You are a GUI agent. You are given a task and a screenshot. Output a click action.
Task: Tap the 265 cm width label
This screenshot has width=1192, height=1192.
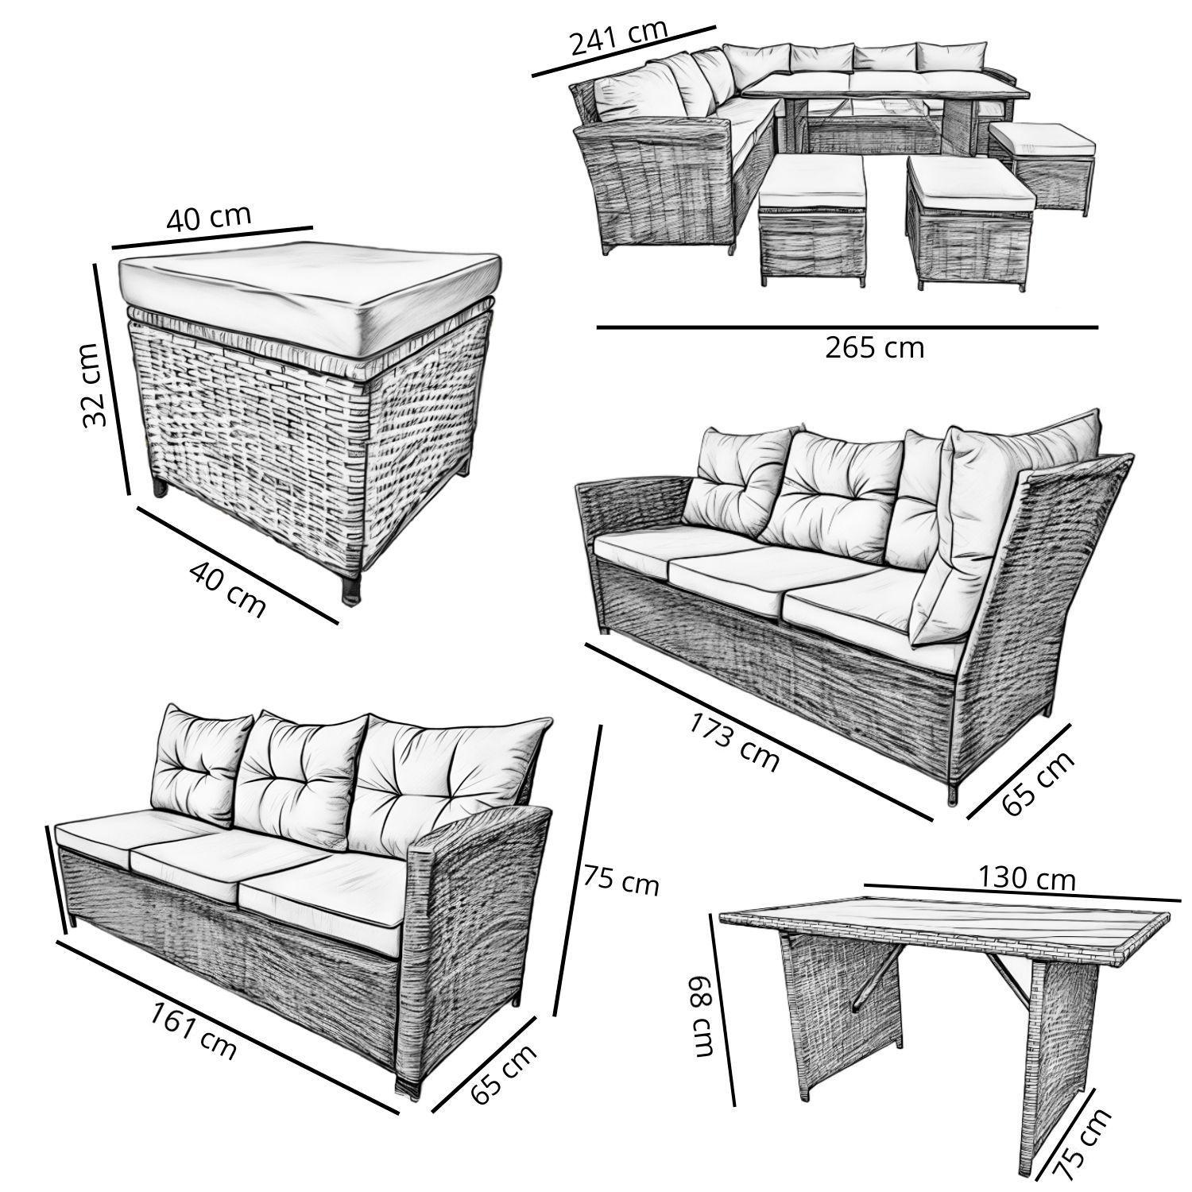tap(874, 348)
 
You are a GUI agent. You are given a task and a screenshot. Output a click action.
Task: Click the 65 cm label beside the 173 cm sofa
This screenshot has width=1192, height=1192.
tap(1038, 782)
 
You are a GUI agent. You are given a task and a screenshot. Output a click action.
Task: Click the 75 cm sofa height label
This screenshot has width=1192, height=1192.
tap(621, 880)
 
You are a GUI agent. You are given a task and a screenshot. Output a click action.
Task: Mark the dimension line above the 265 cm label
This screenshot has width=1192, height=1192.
tap(847, 327)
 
